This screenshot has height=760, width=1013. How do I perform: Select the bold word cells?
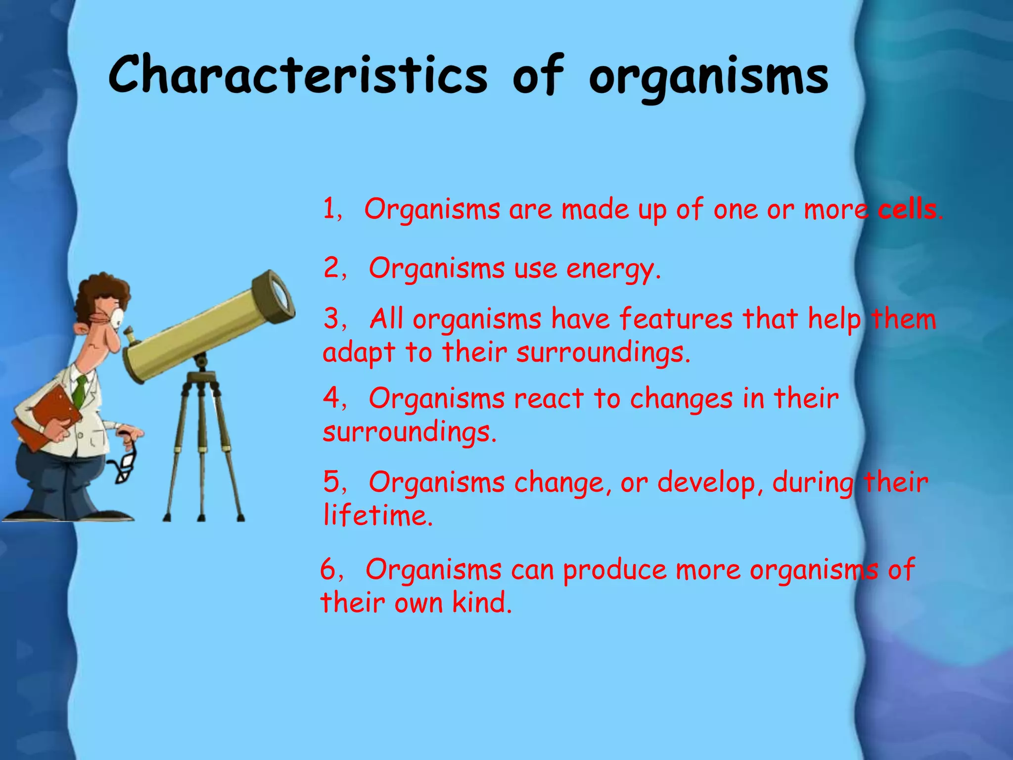(x=907, y=210)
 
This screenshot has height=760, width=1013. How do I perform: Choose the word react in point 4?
(x=549, y=399)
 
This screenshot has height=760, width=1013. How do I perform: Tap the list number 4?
(x=331, y=398)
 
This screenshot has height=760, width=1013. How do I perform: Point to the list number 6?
(x=328, y=570)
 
